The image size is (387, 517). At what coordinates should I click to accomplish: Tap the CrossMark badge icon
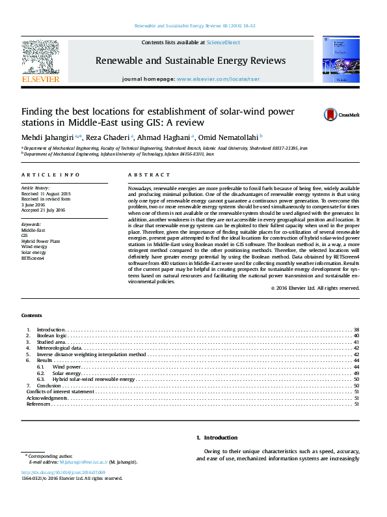(331, 115)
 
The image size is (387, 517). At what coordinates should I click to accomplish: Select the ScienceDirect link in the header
(223, 42)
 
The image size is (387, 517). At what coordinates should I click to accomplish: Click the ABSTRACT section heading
(144, 175)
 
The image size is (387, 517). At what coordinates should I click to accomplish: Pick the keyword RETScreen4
(33, 258)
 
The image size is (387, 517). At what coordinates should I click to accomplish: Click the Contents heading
(32, 314)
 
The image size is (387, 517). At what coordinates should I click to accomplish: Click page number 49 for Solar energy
(356, 372)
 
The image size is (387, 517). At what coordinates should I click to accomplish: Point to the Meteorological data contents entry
(59, 348)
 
